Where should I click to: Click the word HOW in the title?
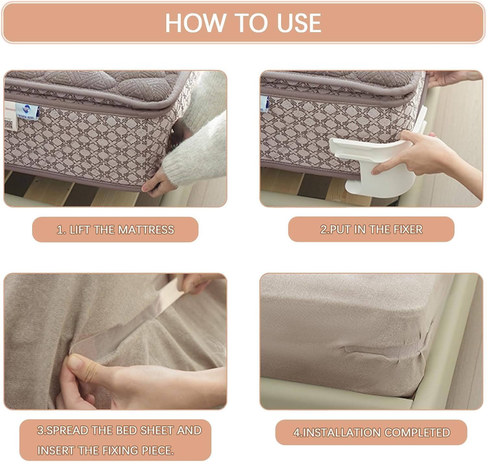(196, 23)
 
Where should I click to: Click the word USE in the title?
(299, 23)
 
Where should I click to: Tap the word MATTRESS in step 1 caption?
(146, 230)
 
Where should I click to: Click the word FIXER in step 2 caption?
(408, 229)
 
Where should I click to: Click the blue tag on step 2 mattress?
(264, 104)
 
